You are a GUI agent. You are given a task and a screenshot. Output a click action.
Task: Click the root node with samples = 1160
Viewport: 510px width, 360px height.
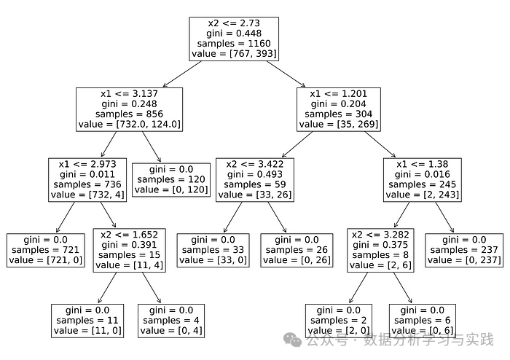coord(234,39)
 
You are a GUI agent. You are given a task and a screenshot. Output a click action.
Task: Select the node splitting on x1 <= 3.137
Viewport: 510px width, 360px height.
coord(129,109)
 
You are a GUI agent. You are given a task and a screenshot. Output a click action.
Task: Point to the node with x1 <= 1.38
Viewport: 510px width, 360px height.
coord(424,179)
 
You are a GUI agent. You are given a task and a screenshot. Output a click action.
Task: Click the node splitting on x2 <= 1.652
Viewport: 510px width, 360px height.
coord(130,250)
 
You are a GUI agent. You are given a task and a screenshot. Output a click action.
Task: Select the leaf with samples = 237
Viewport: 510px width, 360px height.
coord(464,250)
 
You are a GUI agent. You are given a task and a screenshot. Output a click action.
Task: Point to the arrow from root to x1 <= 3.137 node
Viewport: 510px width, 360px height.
coord(185,74)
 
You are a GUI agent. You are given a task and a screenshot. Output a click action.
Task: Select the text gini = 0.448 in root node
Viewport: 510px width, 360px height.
coord(234,34)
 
